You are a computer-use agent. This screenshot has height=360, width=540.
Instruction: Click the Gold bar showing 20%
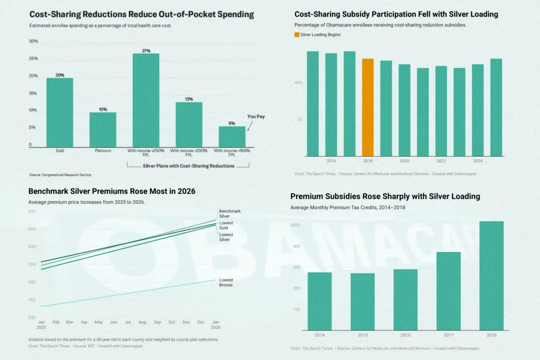tap(59, 112)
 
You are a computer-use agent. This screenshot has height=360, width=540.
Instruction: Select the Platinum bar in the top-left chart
tap(102, 129)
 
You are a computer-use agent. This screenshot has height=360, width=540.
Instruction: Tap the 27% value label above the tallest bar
tap(145, 50)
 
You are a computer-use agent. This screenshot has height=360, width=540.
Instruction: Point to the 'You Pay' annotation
tap(256, 116)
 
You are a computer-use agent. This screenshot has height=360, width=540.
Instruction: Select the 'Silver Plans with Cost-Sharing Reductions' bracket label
tap(188, 166)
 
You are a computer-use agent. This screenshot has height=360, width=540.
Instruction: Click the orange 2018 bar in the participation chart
tap(367, 107)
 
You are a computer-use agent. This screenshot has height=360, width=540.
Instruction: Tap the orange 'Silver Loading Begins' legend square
tap(296, 34)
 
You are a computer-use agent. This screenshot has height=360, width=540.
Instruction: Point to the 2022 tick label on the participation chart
tap(441, 161)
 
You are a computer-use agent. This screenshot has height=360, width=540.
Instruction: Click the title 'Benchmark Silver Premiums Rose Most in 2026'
tap(112, 191)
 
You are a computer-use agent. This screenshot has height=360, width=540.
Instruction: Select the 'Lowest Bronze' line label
tap(226, 282)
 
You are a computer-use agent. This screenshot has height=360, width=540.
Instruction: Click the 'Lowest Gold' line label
tap(226, 225)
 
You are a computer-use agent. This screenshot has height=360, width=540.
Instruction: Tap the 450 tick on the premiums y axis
tap(32, 282)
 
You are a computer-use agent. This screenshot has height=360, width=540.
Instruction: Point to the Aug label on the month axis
tap(142, 322)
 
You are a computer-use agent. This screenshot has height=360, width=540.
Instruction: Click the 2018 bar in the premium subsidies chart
tap(491, 275)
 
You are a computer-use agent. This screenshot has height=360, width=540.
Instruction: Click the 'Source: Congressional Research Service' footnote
tap(60, 175)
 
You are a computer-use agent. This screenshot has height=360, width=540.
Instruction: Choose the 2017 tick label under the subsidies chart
tap(448, 334)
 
